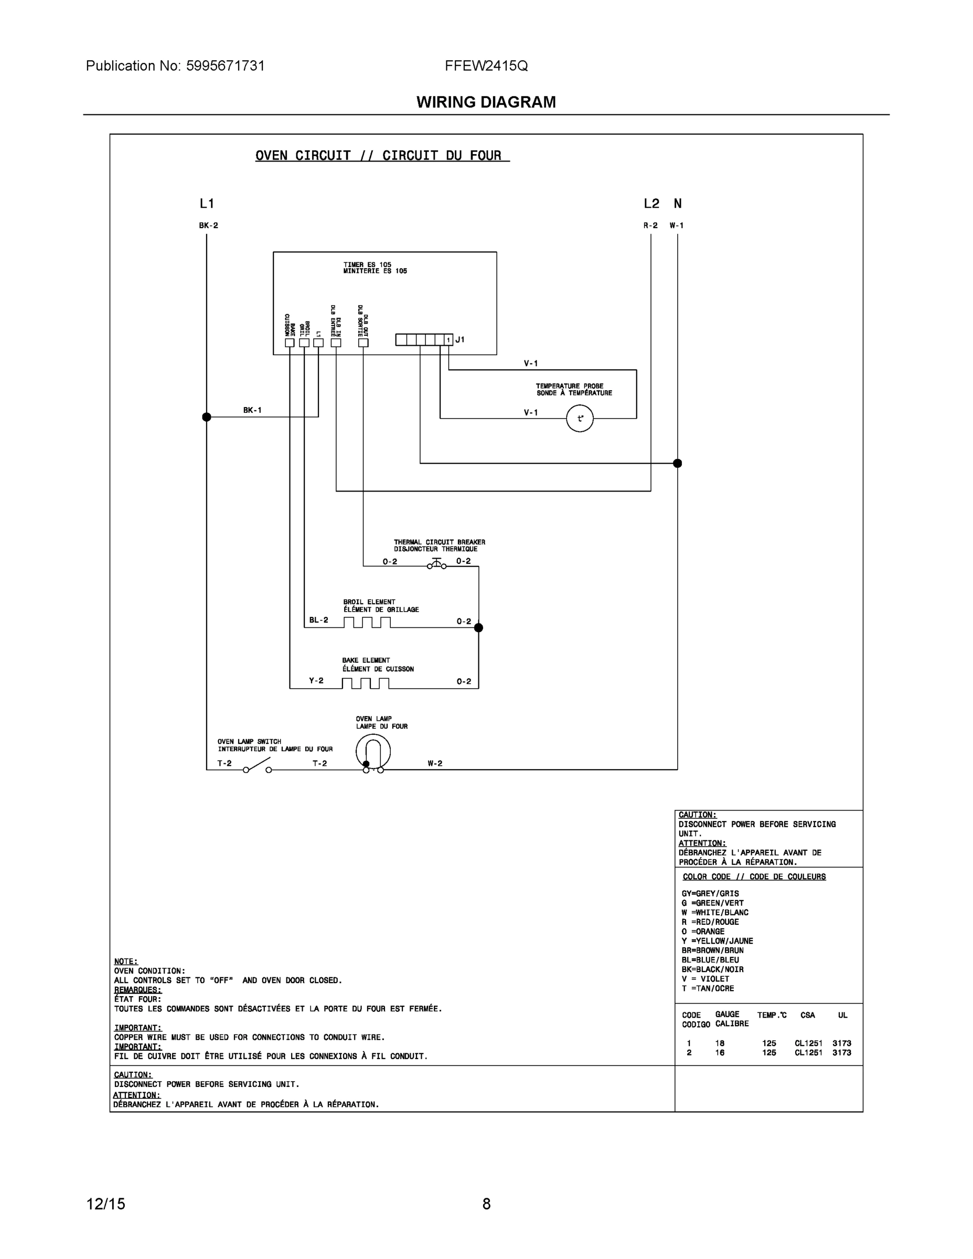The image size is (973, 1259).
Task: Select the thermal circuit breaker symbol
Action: point(436,564)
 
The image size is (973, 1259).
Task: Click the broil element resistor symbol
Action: point(367,623)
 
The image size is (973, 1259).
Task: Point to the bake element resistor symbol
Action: point(366,683)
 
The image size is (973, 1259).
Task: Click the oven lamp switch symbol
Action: point(257,765)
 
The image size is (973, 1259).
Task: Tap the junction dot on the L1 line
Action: point(206,417)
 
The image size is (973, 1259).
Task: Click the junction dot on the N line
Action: point(677,463)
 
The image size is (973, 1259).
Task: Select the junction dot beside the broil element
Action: point(478,627)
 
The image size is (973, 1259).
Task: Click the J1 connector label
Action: point(459,340)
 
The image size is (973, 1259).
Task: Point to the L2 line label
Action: point(651,204)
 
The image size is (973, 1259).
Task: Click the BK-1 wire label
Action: point(252,410)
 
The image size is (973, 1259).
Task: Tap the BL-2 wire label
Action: point(318,620)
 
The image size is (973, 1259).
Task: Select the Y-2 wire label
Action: point(316,680)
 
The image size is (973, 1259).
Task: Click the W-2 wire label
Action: point(435,763)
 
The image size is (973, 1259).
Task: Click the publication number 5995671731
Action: point(225,66)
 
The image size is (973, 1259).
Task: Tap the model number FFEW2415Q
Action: point(486,66)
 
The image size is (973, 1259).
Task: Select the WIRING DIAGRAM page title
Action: point(486,102)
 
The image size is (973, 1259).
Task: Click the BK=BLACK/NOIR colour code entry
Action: point(712,969)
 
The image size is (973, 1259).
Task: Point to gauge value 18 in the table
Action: point(720,1043)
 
